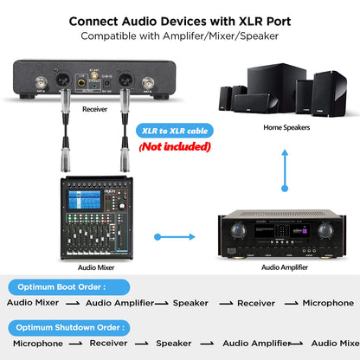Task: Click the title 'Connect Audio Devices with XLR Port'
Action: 179,19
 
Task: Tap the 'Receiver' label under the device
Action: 95,110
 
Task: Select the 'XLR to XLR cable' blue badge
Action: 176,131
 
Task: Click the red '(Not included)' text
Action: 175,146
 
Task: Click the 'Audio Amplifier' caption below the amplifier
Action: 285,267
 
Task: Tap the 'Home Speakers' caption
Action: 286,126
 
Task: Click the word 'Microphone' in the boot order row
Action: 328,303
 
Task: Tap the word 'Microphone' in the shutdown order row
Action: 38,344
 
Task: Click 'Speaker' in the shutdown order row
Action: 174,344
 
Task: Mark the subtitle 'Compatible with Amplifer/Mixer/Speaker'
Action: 179,36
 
